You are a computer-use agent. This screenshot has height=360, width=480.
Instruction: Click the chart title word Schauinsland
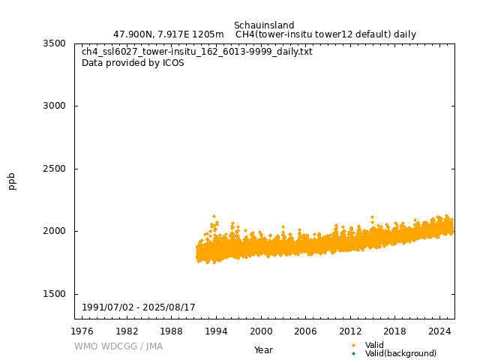click(264, 25)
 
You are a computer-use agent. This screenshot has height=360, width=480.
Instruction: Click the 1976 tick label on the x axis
click(82, 331)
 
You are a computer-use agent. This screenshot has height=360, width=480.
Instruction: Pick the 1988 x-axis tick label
click(172, 331)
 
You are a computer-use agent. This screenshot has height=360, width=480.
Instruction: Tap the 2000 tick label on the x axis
click(261, 331)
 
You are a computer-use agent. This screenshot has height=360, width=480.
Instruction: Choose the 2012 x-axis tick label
click(350, 331)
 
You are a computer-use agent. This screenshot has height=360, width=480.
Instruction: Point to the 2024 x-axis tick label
click(439, 331)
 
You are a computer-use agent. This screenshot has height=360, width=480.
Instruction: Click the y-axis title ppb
click(12, 181)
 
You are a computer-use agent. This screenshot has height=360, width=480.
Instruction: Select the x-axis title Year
click(263, 349)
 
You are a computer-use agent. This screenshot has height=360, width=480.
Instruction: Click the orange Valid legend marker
click(354, 345)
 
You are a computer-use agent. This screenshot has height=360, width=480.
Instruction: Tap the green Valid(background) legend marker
click(354, 353)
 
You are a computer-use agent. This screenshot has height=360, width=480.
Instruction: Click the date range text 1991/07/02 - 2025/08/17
click(139, 307)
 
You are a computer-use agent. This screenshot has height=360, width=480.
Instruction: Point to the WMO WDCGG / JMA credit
click(118, 346)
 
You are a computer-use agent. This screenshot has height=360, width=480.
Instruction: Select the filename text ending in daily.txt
click(197, 52)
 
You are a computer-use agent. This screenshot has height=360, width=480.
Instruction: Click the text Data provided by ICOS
click(133, 63)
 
